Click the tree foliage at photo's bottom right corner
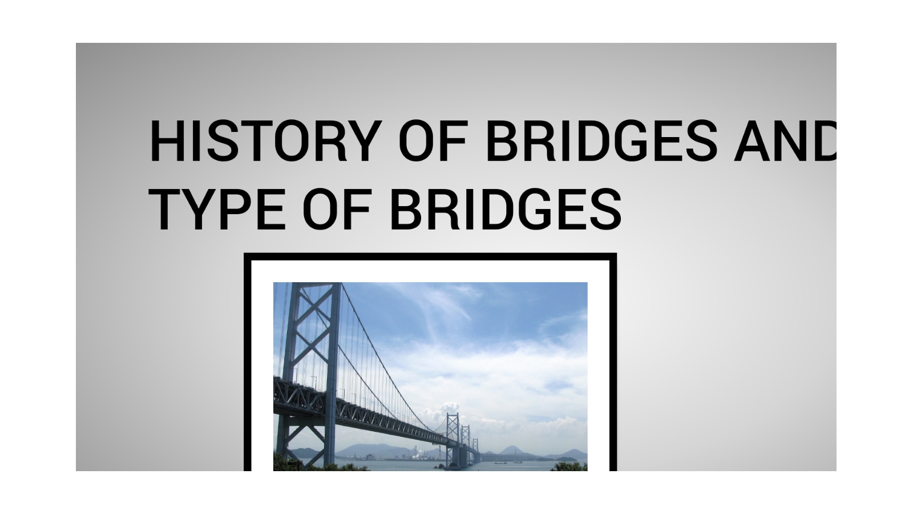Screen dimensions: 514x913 click(568, 466)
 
